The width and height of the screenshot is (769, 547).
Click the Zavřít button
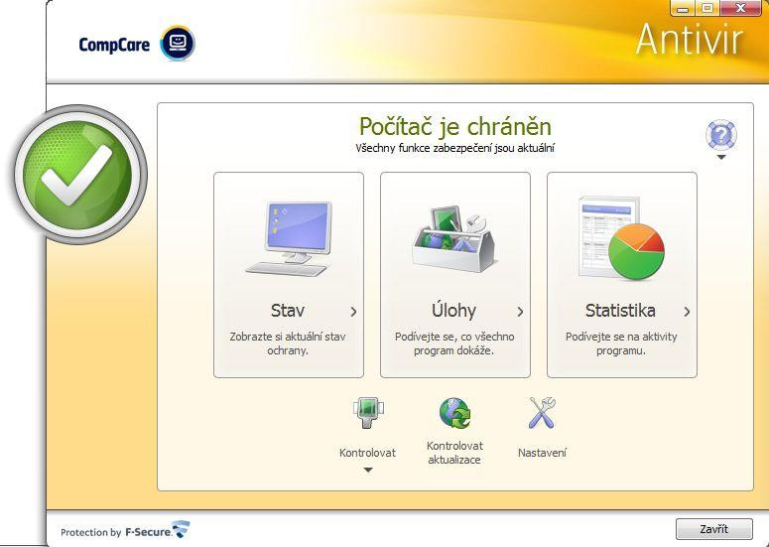(713, 529)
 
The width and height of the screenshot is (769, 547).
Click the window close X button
(741, 8)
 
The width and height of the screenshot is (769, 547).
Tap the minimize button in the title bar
(683, 8)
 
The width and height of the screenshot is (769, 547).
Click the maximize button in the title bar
(707, 8)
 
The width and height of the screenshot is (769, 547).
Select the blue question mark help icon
(721, 134)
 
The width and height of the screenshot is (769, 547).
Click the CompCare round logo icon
(178, 43)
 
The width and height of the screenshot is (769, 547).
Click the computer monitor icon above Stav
(289, 239)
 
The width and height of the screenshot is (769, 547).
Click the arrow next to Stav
(353, 312)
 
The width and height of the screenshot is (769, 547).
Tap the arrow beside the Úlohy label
(520, 312)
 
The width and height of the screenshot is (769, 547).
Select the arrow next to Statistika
(687, 312)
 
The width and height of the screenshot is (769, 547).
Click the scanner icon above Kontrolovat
(368, 413)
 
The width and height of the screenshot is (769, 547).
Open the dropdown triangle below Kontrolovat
(368, 470)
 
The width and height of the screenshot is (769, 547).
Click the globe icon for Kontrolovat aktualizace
(454, 413)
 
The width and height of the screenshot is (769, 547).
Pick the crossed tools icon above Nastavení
(542, 413)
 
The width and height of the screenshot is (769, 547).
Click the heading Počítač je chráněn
(455, 126)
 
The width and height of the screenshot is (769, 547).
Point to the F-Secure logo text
(148, 532)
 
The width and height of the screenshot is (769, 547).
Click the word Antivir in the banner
(690, 39)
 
